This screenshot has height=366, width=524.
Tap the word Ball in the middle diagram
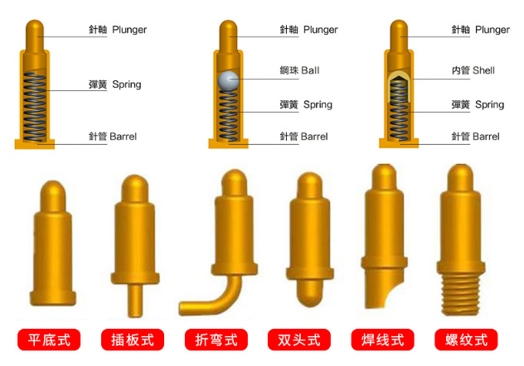point(310,70)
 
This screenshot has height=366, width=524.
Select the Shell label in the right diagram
point(483,70)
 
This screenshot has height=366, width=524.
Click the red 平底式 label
point(49,340)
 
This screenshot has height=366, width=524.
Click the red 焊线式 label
point(382,340)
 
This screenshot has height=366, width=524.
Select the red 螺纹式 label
point(466,340)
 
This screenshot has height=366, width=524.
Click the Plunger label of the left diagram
point(129,30)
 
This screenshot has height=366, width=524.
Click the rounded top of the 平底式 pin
point(53,190)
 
